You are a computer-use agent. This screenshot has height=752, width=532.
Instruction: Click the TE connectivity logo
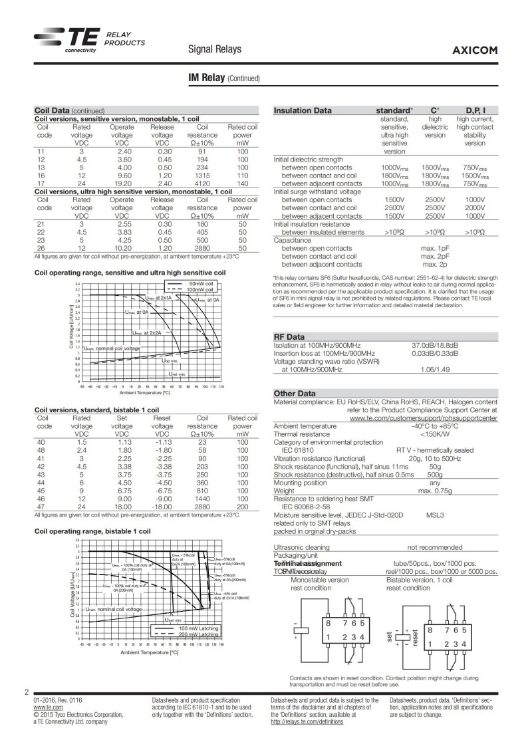tap(70, 41)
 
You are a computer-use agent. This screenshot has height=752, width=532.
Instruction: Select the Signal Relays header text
tap(215, 50)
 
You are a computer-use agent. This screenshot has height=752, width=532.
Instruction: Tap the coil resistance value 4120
tap(203, 183)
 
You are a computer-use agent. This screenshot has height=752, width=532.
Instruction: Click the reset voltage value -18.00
tap(162, 506)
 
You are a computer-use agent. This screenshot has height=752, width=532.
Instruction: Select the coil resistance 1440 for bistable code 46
tap(203, 497)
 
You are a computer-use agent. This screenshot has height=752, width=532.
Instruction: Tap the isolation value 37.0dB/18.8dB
tap(435, 346)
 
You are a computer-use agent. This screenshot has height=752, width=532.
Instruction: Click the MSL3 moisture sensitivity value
tap(436, 515)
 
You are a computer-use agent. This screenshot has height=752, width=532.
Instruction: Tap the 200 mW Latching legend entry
tap(198, 635)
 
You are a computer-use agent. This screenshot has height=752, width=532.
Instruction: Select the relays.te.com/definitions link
tap(307, 721)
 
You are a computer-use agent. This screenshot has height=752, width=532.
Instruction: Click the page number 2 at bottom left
tap(27, 693)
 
